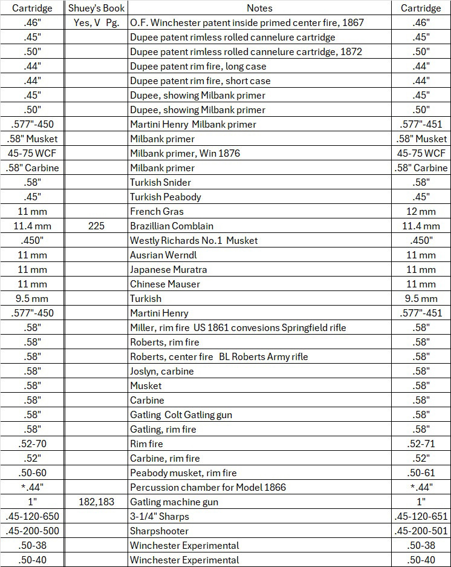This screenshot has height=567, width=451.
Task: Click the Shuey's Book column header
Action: pos(96,8)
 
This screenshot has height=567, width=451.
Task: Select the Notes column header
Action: pos(259,8)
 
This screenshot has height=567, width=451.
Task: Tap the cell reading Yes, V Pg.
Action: pos(96,22)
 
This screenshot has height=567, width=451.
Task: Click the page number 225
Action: pos(96,226)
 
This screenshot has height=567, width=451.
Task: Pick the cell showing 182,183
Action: pos(96,502)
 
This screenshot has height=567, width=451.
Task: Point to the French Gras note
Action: pos(157,211)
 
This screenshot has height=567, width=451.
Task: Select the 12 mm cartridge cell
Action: pos(421,211)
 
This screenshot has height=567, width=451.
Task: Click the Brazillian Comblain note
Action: pos(172,226)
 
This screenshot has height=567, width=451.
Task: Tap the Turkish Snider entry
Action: pos(160,182)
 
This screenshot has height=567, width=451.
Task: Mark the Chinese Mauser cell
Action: pos(164,284)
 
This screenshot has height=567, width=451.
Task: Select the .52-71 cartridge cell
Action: pos(421,444)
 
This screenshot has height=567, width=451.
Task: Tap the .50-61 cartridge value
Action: pos(421,473)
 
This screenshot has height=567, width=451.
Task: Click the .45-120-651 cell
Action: pos(421,516)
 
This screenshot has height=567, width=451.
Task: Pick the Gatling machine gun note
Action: pos(174,502)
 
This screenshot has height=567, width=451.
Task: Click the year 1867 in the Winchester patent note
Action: pos(352,22)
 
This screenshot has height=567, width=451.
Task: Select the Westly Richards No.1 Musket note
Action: pos(193,240)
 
